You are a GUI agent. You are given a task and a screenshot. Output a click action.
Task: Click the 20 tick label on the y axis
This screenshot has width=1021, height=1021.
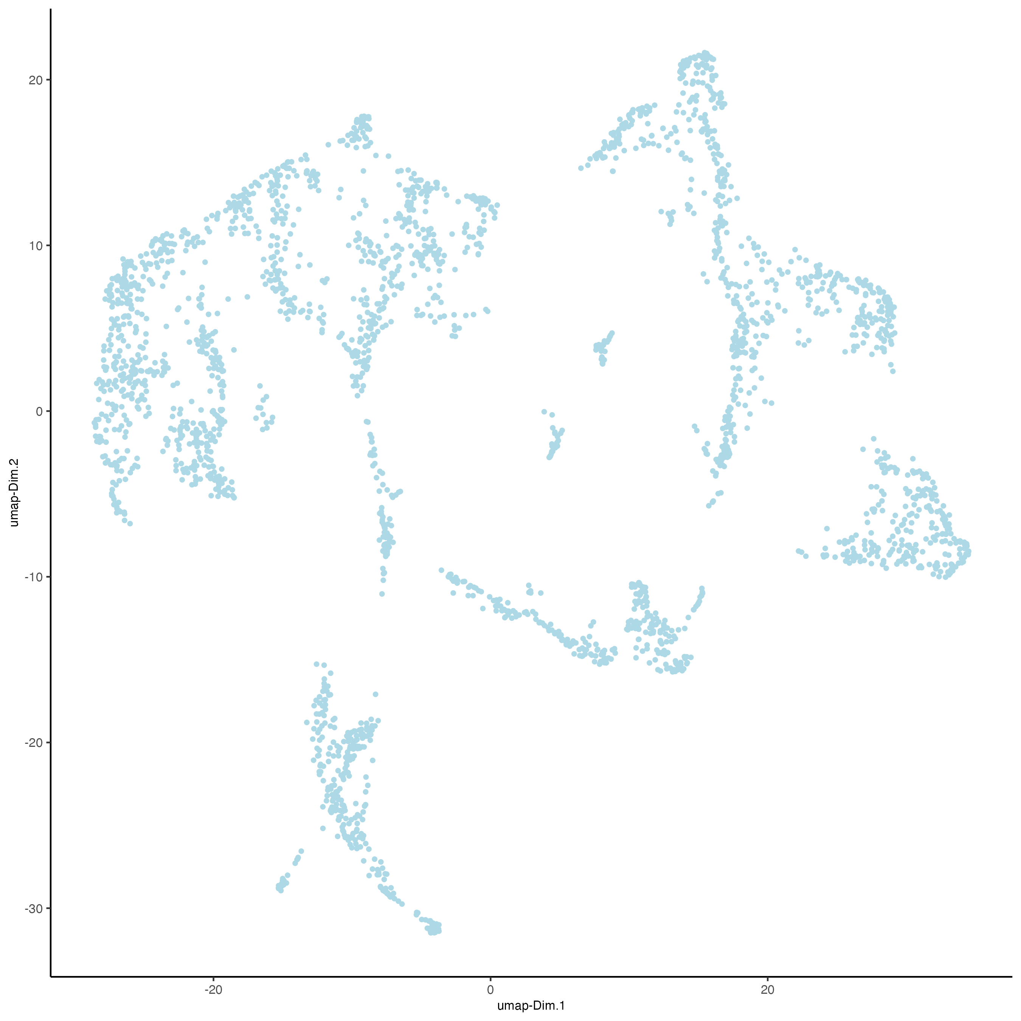pos(36,80)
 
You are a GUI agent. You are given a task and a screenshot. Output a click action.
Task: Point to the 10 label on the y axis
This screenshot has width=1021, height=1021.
pos(36,246)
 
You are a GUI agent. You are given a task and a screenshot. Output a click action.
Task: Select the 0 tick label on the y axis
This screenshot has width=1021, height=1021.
pos(39,411)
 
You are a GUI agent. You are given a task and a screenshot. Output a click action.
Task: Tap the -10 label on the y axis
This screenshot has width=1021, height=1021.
pos(33,577)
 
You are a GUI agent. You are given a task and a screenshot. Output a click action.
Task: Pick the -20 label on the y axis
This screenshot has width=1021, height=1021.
pos(33,743)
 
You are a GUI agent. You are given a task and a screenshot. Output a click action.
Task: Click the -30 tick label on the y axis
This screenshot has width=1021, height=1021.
pos(33,908)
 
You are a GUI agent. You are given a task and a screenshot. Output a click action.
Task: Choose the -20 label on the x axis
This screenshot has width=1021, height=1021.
pos(213,989)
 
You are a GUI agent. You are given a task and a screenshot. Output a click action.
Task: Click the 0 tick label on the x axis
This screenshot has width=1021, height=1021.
pos(490,989)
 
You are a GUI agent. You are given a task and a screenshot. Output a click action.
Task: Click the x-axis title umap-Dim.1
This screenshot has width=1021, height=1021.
pos(531,1005)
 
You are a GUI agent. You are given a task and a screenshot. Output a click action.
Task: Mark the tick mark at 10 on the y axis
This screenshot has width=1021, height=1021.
pos(48,246)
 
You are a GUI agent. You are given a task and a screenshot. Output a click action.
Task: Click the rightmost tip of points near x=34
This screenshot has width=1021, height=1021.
pos(967,552)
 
